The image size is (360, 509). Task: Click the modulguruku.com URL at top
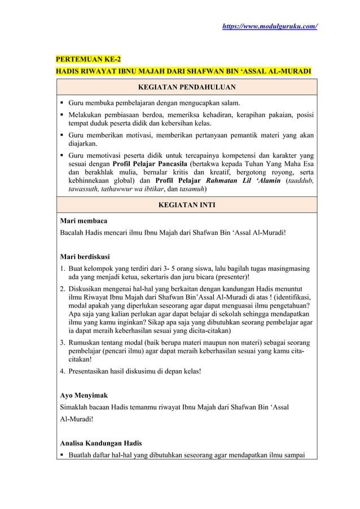[x=271, y=27]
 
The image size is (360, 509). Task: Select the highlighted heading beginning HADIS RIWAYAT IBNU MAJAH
[x=183, y=72]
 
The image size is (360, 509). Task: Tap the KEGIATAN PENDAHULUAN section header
[x=187, y=87]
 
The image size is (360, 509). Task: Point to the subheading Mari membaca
[x=84, y=220]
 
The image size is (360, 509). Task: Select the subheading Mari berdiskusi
[x=85, y=257]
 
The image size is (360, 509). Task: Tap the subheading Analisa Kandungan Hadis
[x=101, y=442]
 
